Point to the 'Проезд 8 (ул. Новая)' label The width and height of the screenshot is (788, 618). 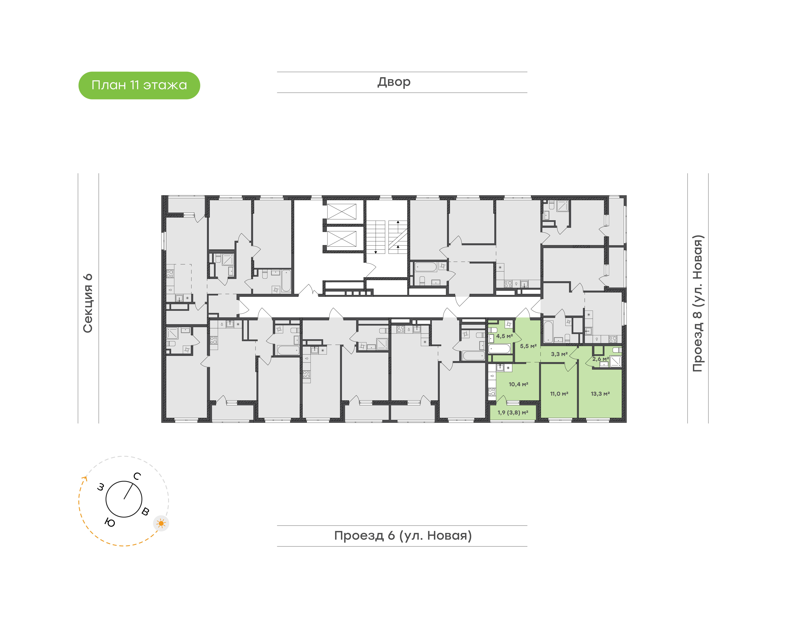[698, 303]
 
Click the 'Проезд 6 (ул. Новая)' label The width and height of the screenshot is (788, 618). [403, 536]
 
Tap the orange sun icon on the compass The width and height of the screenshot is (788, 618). [161, 523]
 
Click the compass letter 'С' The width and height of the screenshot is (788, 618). [137, 476]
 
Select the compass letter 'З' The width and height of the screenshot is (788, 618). [101, 487]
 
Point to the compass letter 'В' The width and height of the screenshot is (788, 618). [145, 511]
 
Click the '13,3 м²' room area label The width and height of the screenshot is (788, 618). [600, 394]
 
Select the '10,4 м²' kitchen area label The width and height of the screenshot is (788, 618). [518, 384]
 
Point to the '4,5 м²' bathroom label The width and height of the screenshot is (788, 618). [504, 336]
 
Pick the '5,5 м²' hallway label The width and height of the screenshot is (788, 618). [528, 346]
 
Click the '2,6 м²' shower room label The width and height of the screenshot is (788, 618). [600, 359]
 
